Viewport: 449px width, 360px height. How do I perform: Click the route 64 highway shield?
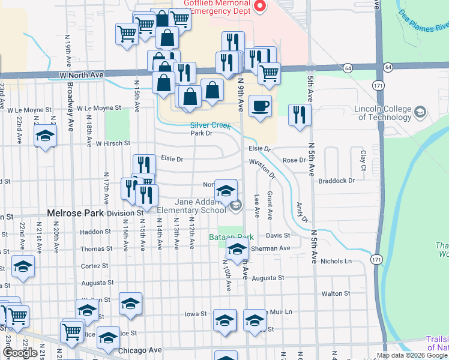[348, 68]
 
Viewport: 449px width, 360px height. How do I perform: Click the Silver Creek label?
[210, 126]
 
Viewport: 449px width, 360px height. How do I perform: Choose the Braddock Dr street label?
[337, 180]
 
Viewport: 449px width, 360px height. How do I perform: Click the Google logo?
[20, 352]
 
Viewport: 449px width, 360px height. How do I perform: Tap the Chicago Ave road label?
[140, 350]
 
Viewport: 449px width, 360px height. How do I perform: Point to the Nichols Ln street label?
[336, 261]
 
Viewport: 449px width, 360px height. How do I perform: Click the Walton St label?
[336, 293]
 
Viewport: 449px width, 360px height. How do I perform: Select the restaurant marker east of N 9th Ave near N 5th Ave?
[300, 115]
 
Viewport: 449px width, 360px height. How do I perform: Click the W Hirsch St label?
[113, 143]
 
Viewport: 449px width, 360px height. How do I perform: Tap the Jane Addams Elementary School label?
[192, 206]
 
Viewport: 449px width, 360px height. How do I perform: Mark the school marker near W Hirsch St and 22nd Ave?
[45, 136]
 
